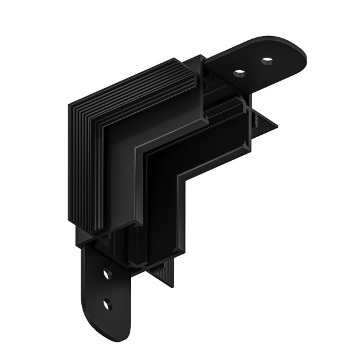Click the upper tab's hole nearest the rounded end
(268, 61)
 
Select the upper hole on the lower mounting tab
(107, 274)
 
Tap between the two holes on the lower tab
(107, 289)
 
